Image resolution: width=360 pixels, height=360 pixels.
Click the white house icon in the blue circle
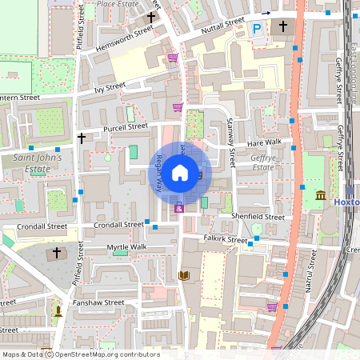click(x=180, y=172)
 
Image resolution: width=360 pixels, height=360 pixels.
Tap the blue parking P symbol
click(x=257, y=29)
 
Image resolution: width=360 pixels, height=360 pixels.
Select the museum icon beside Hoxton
click(x=320, y=196)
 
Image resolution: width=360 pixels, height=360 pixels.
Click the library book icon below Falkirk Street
click(x=183, y=276)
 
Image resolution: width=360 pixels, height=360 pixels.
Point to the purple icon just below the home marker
click(x=179, y=209)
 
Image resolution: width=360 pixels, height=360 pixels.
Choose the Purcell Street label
click(x=125, y=126)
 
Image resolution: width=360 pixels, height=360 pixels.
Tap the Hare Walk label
click(x=264, y=142)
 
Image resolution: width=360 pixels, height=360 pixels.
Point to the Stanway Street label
click(x=229, y=142)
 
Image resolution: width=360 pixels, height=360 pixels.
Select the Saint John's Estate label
click(x=42, y=163)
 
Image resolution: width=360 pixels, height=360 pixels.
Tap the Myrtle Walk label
click(x=127, y=247)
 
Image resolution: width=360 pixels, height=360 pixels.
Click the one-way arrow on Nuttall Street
click(x=266, y=14)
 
